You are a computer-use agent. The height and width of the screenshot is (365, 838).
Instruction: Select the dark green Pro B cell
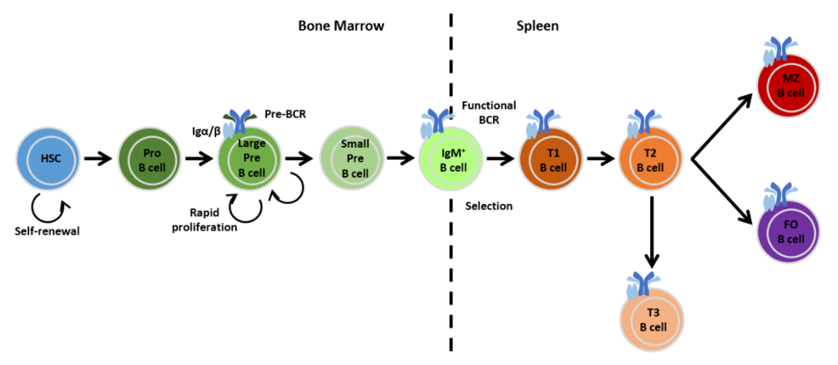point(149,159)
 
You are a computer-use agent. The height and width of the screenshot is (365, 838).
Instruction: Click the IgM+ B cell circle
point(449,159)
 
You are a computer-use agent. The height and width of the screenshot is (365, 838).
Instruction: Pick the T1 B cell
point(550,159)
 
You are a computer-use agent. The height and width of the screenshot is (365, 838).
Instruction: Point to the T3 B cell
point(651,319)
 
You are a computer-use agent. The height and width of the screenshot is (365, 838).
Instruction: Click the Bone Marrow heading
point(341,26)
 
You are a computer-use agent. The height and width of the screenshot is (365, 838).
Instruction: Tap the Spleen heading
point(538,26)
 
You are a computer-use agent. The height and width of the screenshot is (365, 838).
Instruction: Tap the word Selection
point(488,205)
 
